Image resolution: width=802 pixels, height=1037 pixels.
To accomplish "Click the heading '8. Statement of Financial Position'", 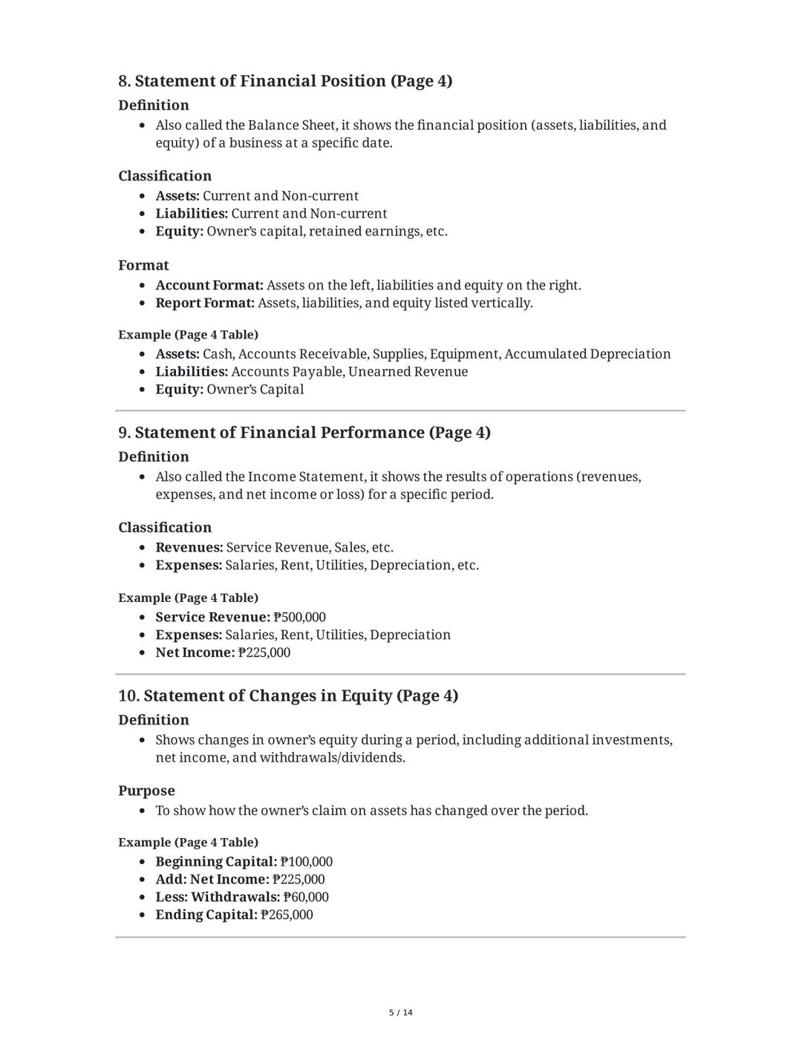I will (285, 81).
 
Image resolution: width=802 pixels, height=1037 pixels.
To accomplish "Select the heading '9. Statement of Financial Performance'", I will (304, 433).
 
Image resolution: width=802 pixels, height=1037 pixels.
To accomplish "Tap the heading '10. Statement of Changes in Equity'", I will (288, 696).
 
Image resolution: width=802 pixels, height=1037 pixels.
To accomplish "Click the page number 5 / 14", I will (401, 1013).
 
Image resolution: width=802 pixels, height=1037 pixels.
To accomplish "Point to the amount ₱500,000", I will (300, 617).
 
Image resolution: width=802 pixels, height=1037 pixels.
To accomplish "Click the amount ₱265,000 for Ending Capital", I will (287, 915).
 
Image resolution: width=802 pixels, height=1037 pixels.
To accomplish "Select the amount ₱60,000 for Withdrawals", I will (306, 897).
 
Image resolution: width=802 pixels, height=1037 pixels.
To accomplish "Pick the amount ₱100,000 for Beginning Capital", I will (307, 862).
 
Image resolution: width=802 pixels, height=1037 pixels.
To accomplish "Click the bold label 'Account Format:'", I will (209, 285).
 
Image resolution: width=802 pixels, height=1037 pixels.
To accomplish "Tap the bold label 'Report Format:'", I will (205, 303).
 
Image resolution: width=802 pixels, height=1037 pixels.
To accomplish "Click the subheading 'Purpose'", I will (146, 791).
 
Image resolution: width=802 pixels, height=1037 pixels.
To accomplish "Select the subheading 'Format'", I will (143, 265).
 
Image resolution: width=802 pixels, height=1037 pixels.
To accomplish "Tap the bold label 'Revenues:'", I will (189, 547).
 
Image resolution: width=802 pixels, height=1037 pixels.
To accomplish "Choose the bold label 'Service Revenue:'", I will (212, 617).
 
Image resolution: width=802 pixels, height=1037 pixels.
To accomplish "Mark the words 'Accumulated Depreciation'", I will (587, 353).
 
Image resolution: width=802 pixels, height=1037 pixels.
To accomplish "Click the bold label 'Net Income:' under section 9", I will (195, 652).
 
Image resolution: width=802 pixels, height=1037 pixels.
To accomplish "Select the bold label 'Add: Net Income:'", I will (212, 880).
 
